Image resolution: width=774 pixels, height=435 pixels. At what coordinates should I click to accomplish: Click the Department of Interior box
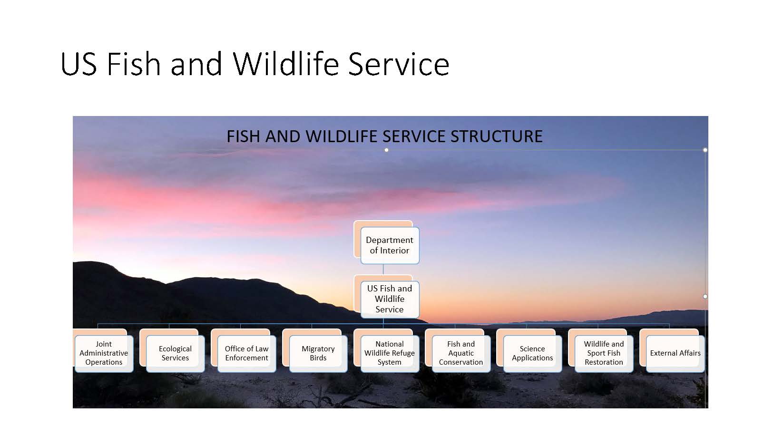(x=390, y=245)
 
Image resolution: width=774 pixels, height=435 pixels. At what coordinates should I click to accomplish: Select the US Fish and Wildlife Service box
(x=390, y=300)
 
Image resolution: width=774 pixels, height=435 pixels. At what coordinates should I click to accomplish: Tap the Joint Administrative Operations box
(x=104, y=354)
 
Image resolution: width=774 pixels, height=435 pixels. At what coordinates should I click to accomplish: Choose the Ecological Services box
(x=176, y=354)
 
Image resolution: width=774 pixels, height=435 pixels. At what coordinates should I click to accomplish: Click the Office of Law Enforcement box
(x=247, y=354)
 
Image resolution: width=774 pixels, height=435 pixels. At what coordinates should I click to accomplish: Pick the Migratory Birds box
(x=318, y=354)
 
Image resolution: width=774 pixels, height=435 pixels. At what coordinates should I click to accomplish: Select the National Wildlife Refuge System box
(x=390, y=354)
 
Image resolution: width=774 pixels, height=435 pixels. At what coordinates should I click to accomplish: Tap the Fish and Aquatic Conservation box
(x=461, y=354)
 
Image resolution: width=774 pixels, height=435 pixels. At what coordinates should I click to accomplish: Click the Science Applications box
(x=532, y=354)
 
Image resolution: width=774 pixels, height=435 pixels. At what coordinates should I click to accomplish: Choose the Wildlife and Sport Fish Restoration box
(x=604, y=354)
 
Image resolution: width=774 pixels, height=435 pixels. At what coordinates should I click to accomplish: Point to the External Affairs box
(x=676, y=354)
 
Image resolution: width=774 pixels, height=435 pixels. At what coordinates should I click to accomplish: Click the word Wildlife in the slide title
(x=286, y=64)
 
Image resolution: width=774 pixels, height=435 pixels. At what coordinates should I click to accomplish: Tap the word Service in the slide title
(x=399, y=64)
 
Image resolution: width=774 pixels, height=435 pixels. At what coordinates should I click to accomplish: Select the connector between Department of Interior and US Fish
(x=383, y=270)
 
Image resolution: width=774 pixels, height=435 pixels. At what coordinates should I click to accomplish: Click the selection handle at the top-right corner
(x=705, y=150)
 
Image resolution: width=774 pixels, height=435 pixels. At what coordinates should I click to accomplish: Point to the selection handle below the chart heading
(x=387, y=150)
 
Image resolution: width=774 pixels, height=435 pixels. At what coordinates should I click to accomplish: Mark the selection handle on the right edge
(x=705, y=296)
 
